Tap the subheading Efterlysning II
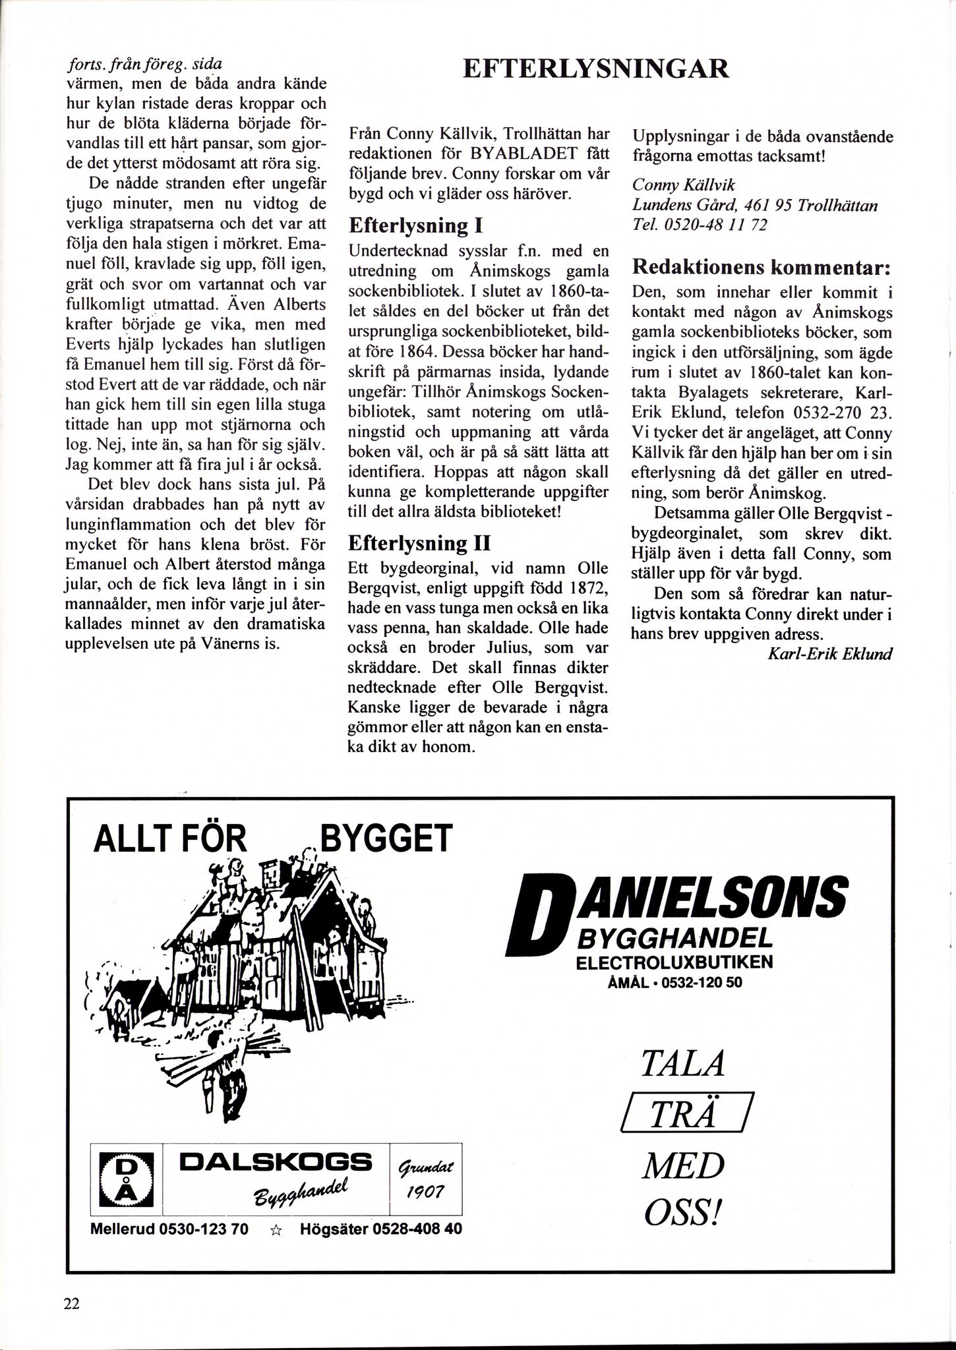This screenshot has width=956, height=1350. pos(419,543)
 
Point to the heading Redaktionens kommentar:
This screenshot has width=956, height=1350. pos(762,268)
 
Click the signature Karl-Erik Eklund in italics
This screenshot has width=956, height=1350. pos(830,654)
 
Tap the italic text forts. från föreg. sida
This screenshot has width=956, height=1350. pos(145,65)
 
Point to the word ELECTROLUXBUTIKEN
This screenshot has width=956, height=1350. pos(674,962)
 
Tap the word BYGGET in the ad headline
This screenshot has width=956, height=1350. pos(386,838)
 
